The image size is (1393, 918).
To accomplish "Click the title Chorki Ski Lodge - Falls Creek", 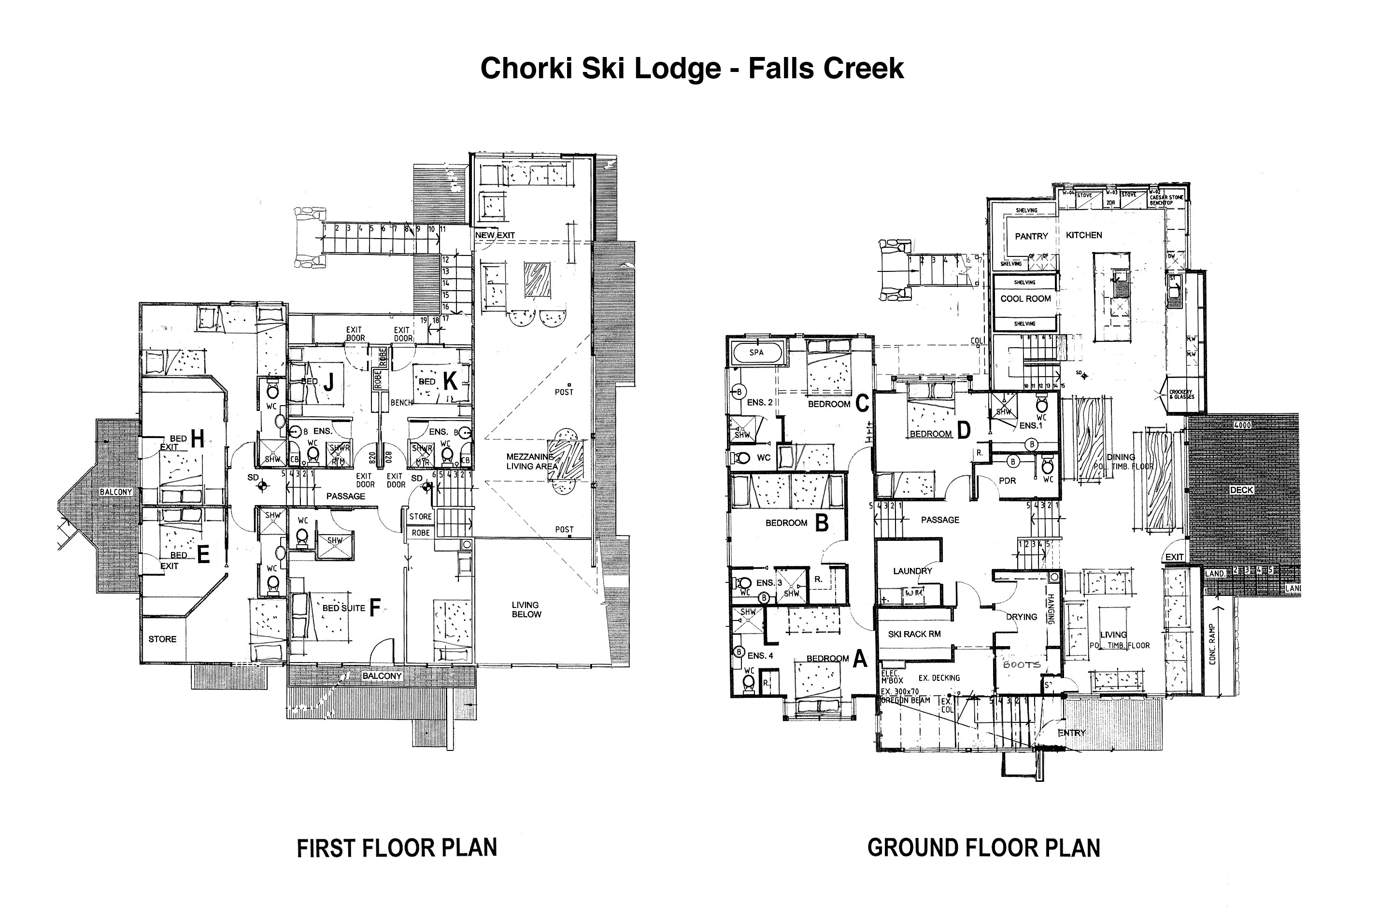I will [x=692, y=69].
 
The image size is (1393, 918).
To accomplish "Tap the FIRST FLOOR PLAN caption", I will [x=397, y=848].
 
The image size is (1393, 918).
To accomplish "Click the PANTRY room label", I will [x=1031, y=237].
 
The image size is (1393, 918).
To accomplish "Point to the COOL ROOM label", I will [x=1025, y=298].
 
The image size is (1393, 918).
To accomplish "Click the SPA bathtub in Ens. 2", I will [x=756, y=353].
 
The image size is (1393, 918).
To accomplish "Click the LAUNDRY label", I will [x=912, y=571].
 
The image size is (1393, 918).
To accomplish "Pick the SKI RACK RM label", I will [x=914, y=634].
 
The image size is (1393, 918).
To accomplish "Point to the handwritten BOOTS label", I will [x=1022, y=665].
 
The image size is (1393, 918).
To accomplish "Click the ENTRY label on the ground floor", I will [x=1071, y=733].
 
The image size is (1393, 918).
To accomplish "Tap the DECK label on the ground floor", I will [x=1241, y=490].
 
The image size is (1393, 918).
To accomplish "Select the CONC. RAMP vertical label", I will [x=1212, y=644].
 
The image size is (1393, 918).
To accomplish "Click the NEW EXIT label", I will [x=495, y=235].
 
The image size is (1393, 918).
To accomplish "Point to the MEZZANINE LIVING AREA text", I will [x=529, y=461].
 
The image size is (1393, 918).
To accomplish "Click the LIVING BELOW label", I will [x=526, y=609].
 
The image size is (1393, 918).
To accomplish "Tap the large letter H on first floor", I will [x=198, y=438].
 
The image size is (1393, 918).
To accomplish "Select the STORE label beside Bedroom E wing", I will [x=162, y=639].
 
